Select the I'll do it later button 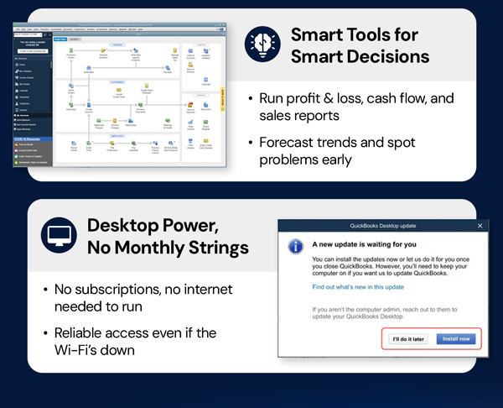click(408, 340)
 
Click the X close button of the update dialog click(480, 226)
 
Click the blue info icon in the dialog click(294, 248)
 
